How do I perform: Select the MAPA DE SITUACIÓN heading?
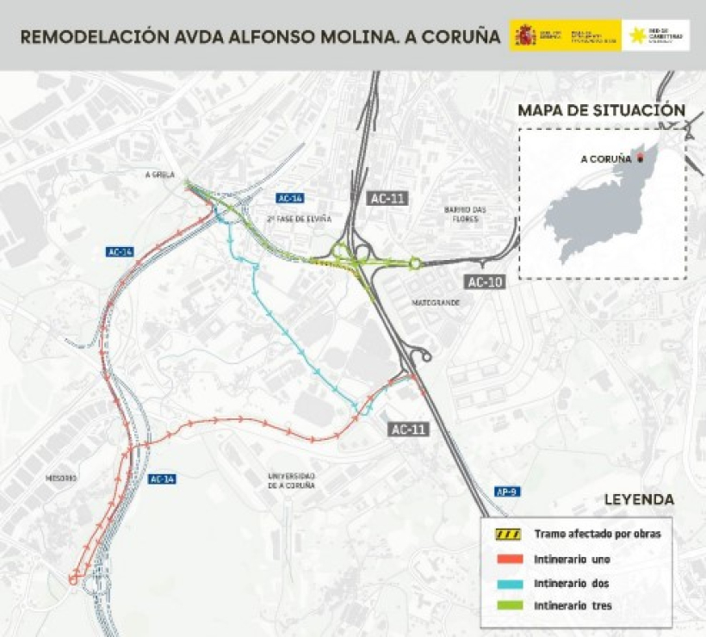[601, 110]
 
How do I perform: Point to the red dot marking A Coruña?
[641, 158]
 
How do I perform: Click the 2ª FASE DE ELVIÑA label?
[299, 219]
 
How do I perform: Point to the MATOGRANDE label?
[436, 303]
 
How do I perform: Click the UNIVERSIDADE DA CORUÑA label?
[291, 480]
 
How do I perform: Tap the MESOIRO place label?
[62, 478]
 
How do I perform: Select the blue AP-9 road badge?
[506, 492]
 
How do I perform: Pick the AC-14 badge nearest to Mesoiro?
[163, 479]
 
